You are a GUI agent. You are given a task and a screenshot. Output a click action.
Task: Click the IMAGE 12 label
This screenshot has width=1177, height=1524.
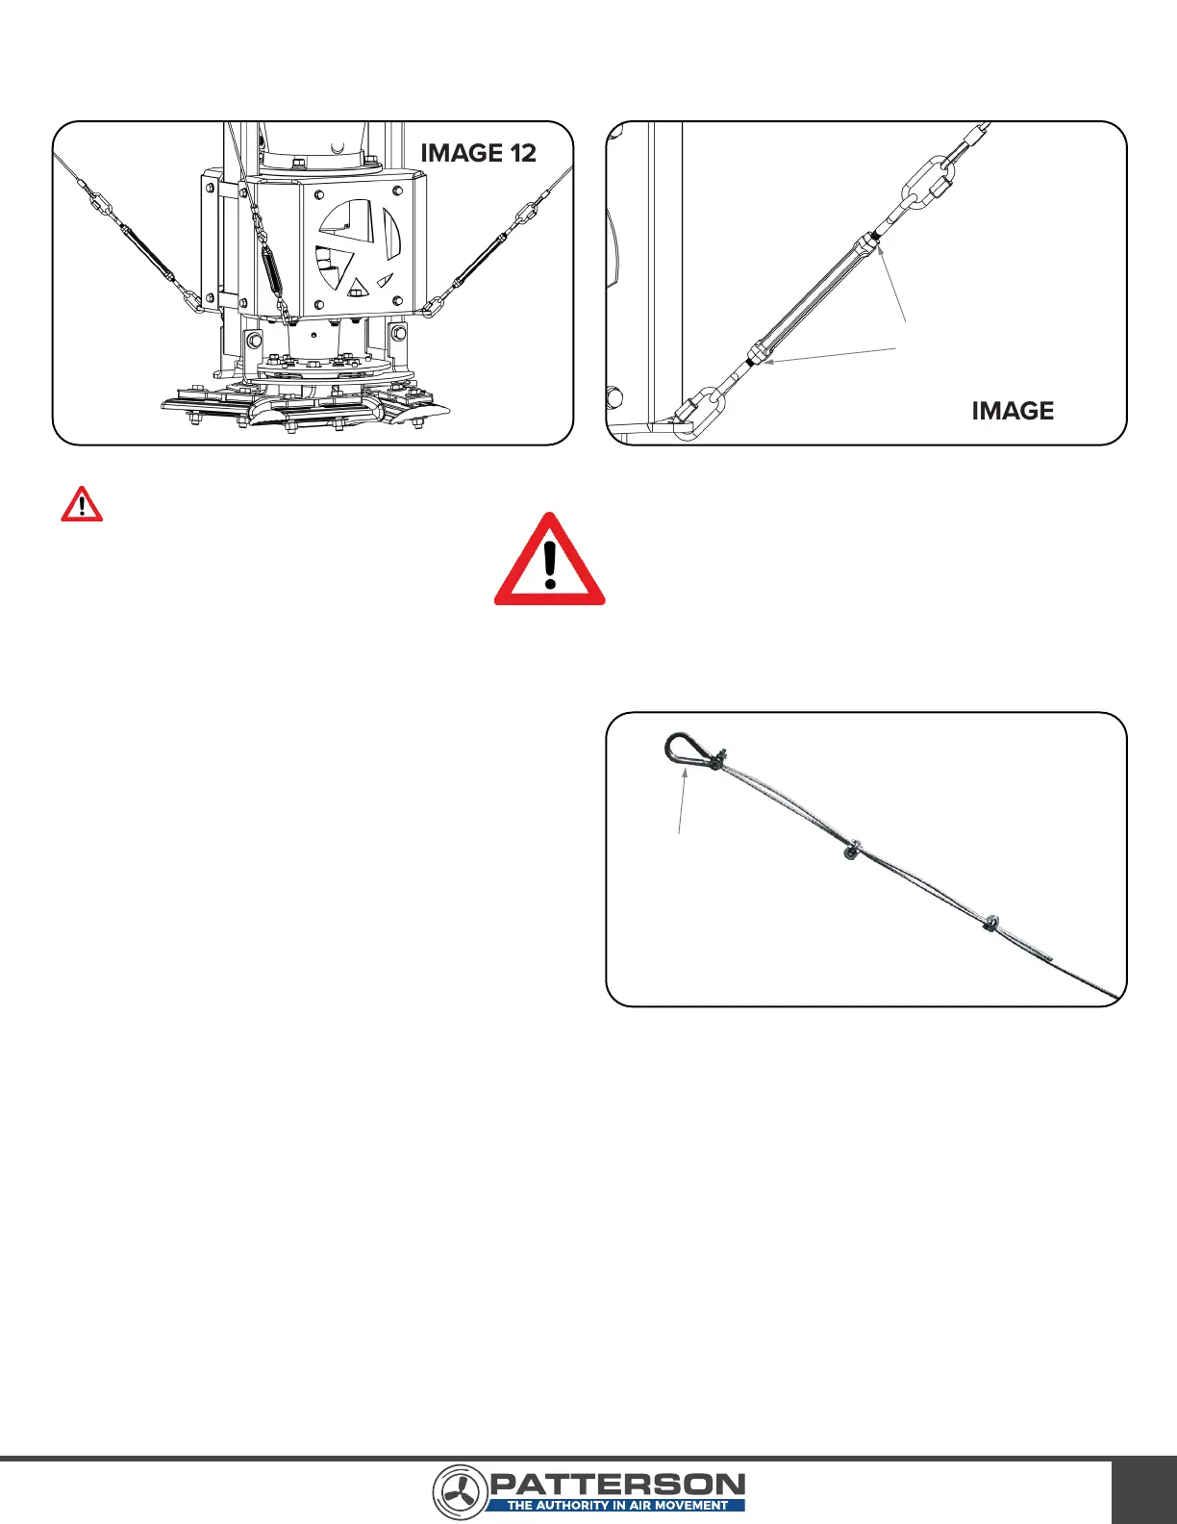pos(478,153)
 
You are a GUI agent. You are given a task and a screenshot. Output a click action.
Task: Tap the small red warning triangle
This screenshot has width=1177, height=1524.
pos(82,504)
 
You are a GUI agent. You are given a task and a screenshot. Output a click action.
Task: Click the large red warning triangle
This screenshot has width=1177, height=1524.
pos(550,561)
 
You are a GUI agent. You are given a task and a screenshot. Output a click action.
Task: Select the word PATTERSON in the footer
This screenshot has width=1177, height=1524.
pos(617,1485)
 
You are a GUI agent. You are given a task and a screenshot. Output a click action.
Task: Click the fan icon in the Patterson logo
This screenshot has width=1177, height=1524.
pos(459,1492)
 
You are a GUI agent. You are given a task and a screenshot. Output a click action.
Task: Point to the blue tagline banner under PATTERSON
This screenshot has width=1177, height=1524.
pos(616,1506)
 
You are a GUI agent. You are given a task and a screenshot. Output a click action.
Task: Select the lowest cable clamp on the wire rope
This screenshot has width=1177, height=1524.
pos(989,924)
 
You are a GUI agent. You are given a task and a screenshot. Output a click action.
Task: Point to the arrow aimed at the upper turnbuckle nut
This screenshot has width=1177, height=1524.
pos(891,283)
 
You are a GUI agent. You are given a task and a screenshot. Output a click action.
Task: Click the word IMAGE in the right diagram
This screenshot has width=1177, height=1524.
pos(1013,411)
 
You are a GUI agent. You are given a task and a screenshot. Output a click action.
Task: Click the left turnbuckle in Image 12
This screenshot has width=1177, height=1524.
pos(146,252)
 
